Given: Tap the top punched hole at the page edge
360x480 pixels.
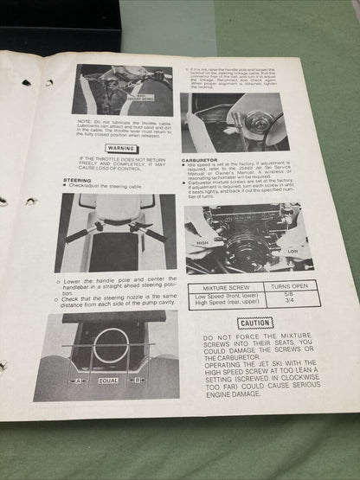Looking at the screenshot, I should (25, 82).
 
